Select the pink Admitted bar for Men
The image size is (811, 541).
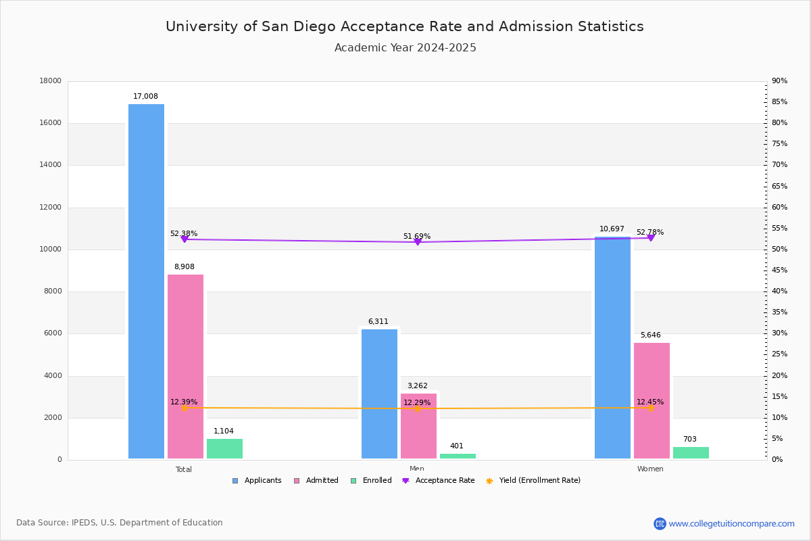(418, 426)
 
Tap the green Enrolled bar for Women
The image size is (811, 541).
(691, 452)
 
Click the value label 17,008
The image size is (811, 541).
(145, 97)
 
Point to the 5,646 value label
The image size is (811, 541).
(650, 335)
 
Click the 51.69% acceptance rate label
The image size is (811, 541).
(417, 237)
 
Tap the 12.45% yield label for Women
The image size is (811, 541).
(650, 402)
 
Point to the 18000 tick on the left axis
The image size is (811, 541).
(51, 81)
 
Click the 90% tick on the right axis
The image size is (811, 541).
(780, 81)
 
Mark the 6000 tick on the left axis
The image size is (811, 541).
(53, 333)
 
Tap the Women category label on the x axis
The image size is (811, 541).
(650, 469)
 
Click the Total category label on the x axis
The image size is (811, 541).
(184, 469)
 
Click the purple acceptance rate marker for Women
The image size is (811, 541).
(651, 238)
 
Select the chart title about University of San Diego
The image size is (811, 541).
(405, 26)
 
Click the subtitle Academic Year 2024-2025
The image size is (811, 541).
(405, 48)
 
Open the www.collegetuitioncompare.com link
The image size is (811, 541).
(731, 523)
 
